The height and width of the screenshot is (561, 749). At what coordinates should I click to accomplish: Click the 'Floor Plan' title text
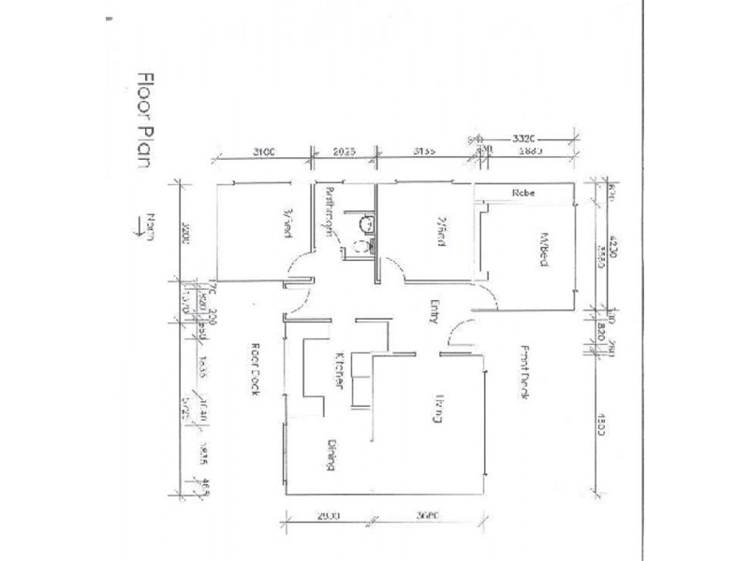(x=145, y=116)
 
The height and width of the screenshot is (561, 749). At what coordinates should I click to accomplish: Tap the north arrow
(x=147, y=227)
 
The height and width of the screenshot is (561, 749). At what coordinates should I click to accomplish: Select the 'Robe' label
(x=522, y=194)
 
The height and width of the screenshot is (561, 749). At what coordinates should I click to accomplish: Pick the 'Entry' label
(x=434, y=310)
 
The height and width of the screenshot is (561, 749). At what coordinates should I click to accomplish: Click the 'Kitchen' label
(x=342, y=369)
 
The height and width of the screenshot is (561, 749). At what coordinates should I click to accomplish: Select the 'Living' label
(x=437, y=411)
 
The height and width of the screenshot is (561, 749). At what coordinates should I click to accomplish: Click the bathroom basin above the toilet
(x=367, y=223)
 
